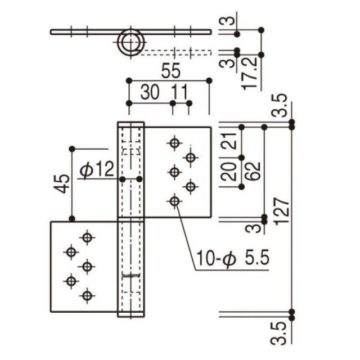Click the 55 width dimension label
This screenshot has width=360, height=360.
tap(171, 71)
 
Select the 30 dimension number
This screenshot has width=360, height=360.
tap(150, 92)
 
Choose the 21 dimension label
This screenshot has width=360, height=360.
tap(229, 141)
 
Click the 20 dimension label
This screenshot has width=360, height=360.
tap(229, 171)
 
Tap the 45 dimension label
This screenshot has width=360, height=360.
tap(61, 184)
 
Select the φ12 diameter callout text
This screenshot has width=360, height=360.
tap(97, 169)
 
